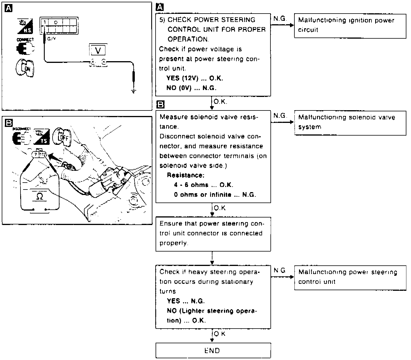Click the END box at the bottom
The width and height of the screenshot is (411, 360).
pos(213,350)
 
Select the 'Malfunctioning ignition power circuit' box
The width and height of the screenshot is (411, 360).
pos(350,25)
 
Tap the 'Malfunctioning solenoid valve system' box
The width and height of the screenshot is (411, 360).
pos(350,123)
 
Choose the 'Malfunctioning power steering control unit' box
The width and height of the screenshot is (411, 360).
pos(350,277)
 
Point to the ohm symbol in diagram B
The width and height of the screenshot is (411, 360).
pos(40,197)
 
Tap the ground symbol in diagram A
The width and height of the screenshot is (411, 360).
pos(133,92)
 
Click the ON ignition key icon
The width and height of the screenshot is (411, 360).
pos(25,68)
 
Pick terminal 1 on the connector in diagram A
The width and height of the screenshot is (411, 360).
pos(45,22)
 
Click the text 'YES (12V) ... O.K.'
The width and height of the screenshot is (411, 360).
pos(195,78)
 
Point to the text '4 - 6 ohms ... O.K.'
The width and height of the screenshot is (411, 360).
pos(203,185)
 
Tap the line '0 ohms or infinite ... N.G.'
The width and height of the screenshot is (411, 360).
pos(215,195)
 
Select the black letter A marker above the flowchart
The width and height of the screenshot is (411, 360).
pos(159,7)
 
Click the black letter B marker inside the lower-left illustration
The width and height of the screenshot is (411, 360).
pos(9,123)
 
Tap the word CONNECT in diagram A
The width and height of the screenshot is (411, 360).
pos(25,40)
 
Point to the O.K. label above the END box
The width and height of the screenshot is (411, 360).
pos(220,334)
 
